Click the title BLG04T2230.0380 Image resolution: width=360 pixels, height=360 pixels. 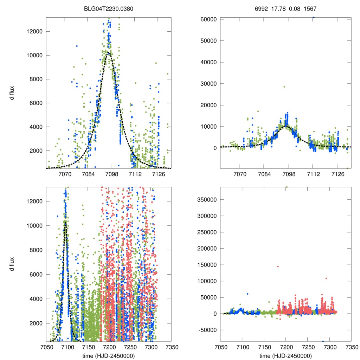tap(109, 8)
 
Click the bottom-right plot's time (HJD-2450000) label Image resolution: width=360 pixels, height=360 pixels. tap(285, 356)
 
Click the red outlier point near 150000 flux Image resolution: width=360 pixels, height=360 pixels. tap(278, 266)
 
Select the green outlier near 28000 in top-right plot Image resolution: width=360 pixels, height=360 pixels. tap(284, 87)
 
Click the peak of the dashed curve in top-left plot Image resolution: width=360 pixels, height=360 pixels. tap(109, 53)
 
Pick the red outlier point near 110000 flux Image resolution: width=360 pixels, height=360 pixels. tap(326, 278)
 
